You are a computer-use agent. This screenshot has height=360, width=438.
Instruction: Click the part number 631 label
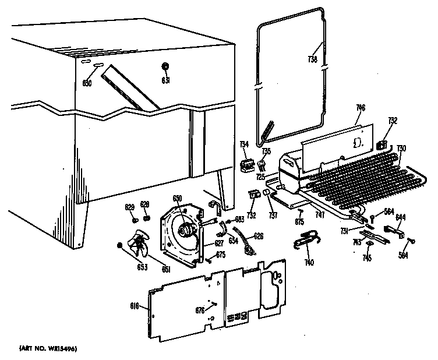point(165,80)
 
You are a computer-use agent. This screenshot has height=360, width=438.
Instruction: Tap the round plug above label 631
point(165,65)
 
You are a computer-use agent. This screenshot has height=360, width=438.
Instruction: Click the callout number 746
point(361,108)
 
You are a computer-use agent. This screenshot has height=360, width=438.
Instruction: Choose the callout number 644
point(400,218)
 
